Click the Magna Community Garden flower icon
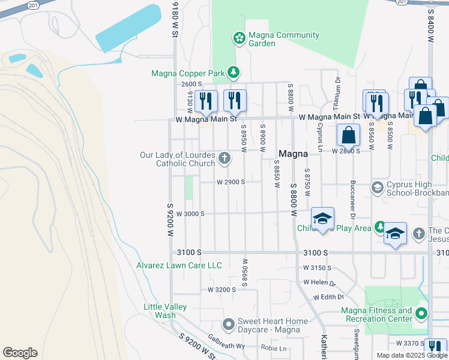tap(239, 38)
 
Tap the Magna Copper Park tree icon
tap(234, 73)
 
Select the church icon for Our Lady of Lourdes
tap(224, 158)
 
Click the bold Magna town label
tap(294, 153)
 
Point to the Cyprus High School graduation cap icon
tap(377, 188)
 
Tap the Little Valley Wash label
tap(165, 311)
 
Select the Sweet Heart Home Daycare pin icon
tap(228, 325)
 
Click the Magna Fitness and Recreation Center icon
tap(421, 313)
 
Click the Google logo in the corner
tap(20, 353)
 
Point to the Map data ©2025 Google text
tap(412, 355)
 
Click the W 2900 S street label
tap(231, 182)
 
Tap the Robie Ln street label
tap(273, 347)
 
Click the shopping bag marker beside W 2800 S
tap(348, 136)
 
